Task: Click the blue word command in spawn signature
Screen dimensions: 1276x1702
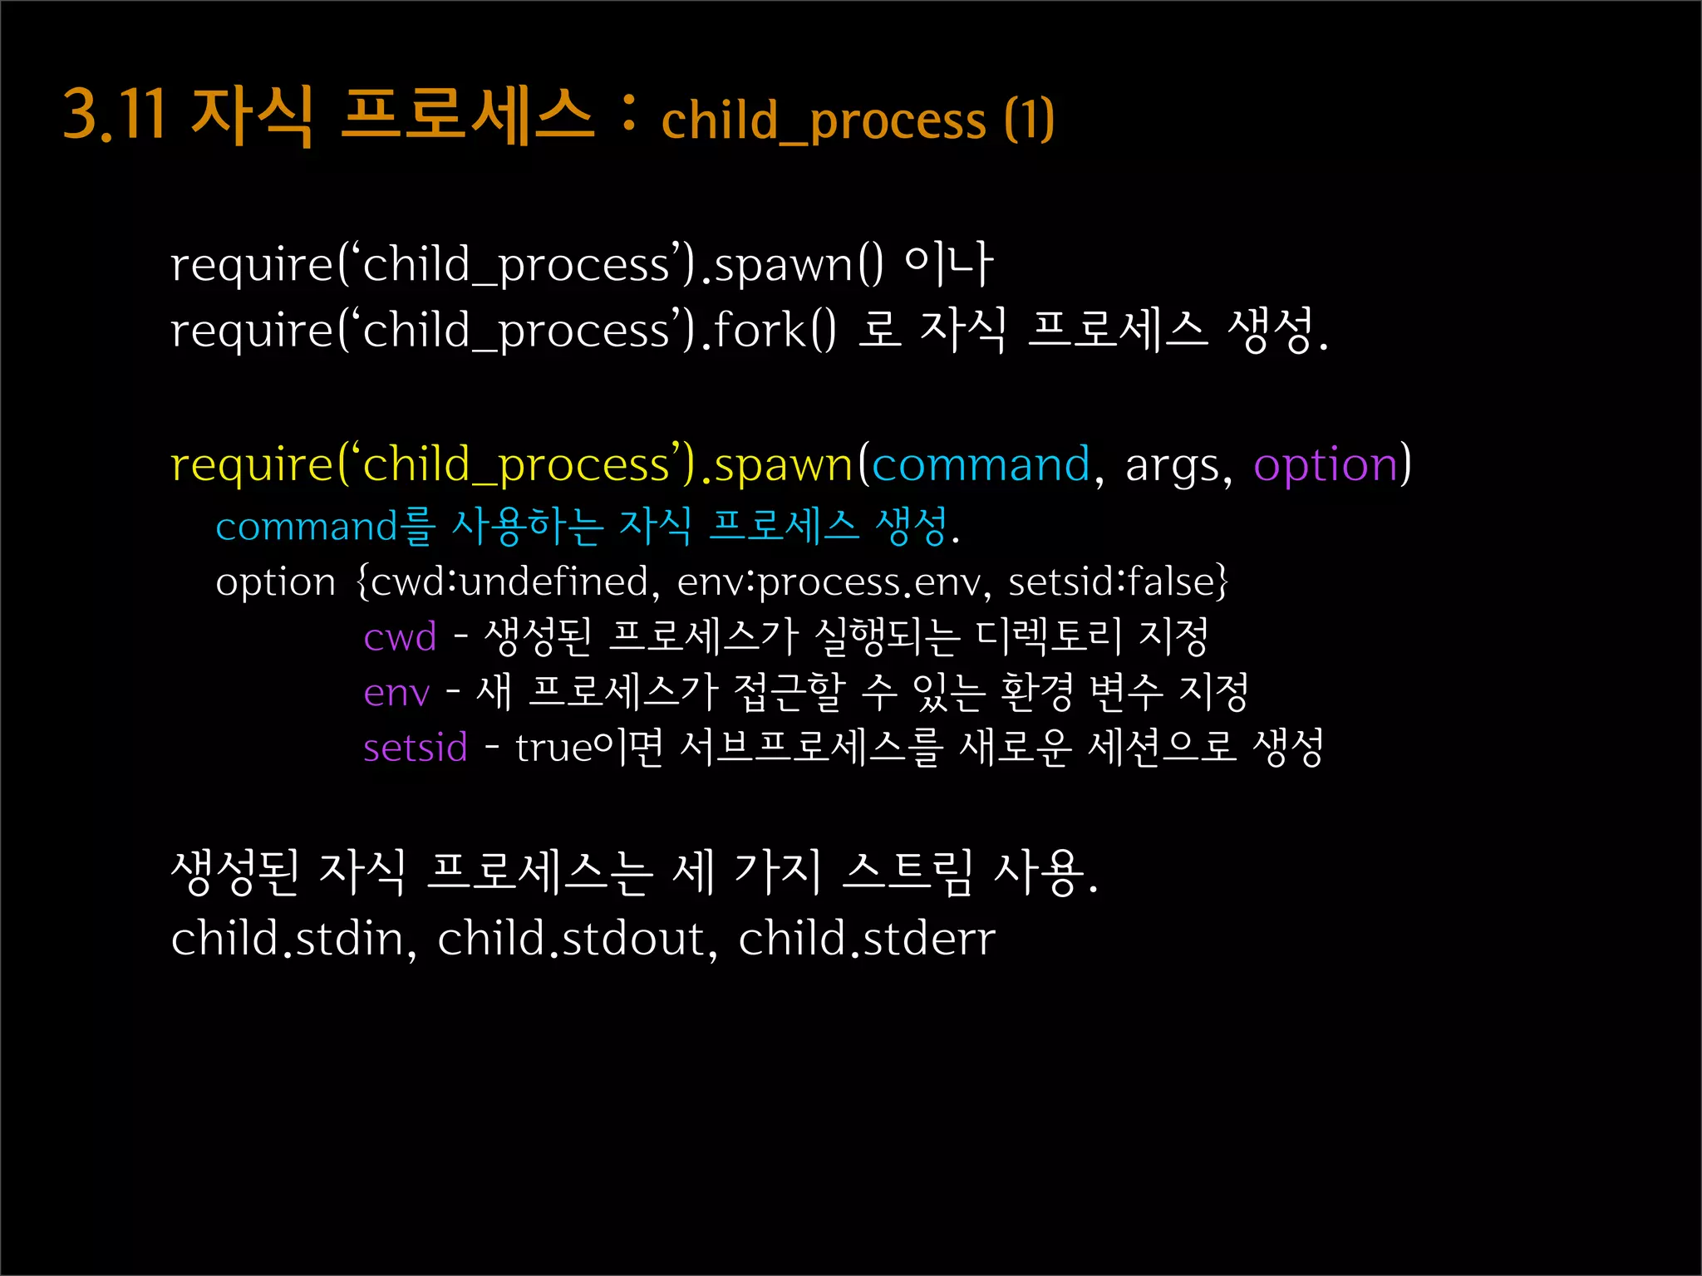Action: click(981, 464)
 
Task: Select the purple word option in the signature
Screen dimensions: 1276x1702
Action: click(1326, 464)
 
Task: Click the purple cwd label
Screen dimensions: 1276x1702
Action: click(400, 638)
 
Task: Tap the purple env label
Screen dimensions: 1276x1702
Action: click(396, 693)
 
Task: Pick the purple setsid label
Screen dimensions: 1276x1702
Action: click(416, 748)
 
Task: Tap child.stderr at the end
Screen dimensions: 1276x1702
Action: click(867, 939)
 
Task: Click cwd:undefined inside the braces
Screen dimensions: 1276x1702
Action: click(509, 582)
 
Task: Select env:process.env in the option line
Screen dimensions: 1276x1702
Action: click(829, 582)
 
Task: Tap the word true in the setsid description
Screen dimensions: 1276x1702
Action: click(553, 748)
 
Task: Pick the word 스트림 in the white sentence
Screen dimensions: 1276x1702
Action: click(908, 872)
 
